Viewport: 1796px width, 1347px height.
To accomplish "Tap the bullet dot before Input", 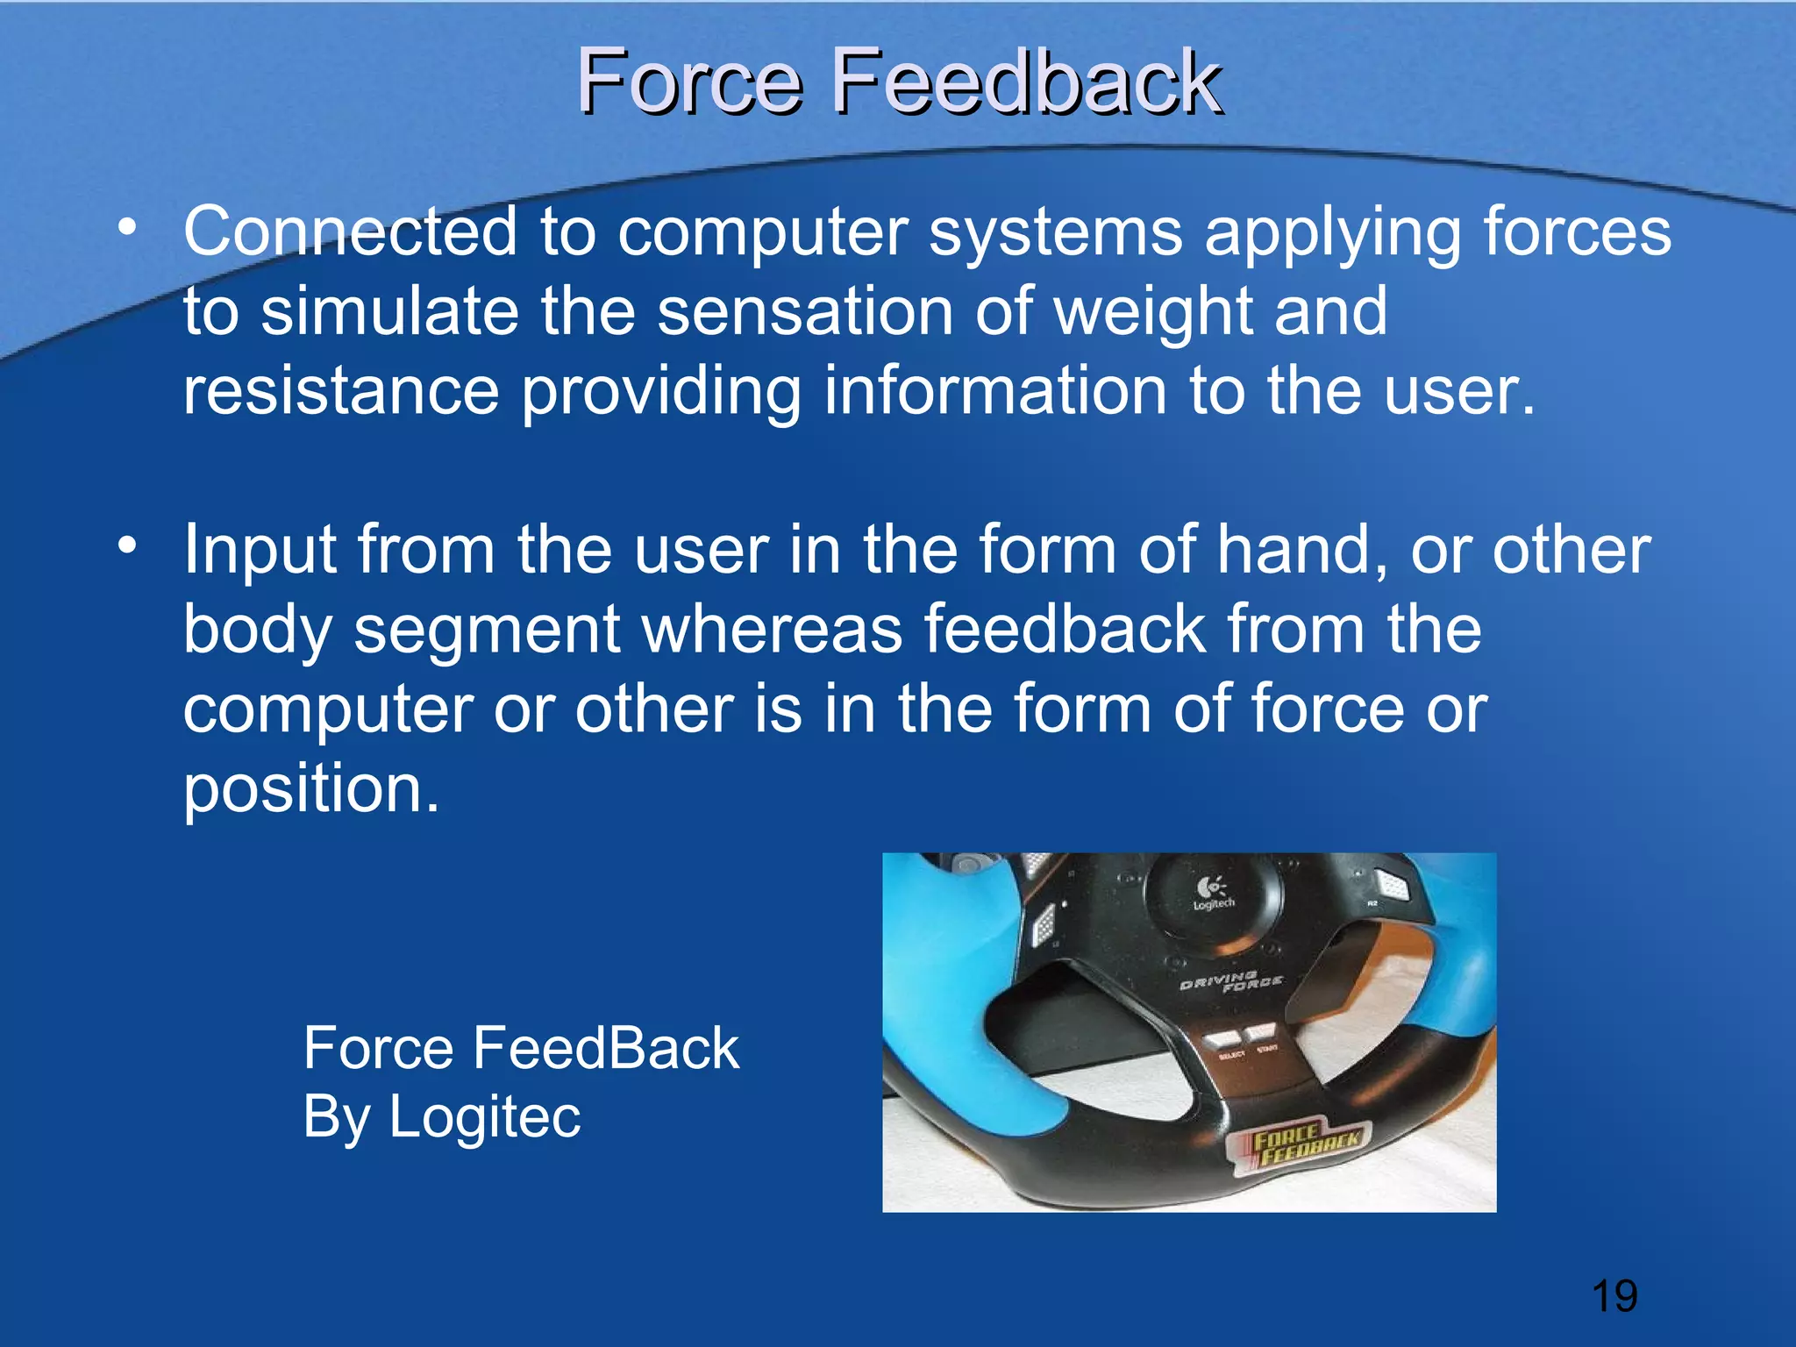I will tap(128, 546).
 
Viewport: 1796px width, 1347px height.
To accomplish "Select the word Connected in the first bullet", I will tap(350, 232).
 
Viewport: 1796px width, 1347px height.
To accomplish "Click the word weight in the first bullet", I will tap(1152, 312).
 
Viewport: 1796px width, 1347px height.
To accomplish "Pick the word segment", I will tap(487, 631).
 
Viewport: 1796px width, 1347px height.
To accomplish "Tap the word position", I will tap(309, 789).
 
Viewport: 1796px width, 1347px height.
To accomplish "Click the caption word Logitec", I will tap(484, 1116).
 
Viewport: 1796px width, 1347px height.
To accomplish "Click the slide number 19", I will tap(1614, 1296).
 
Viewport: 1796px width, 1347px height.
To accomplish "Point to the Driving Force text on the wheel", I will tap(1230, 981).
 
